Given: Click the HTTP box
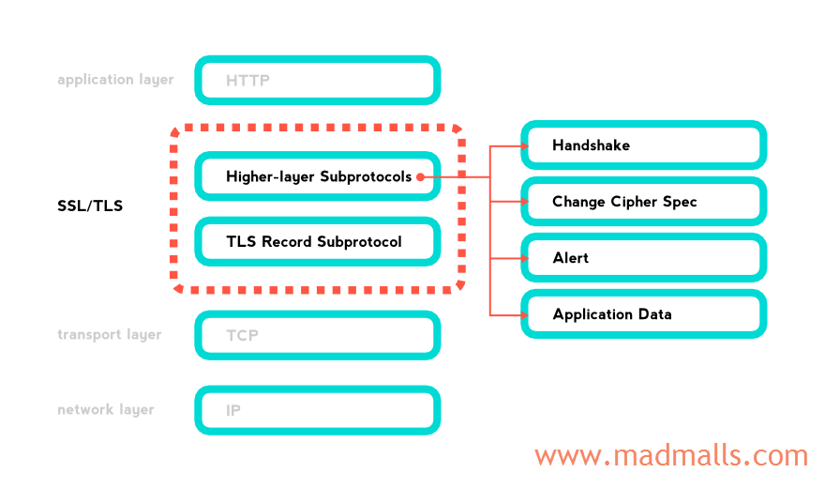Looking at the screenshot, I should point(317,81).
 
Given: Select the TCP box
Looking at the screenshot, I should point(317,335).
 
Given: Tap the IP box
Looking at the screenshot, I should point(317,410).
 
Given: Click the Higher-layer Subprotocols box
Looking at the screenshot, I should point(317,176).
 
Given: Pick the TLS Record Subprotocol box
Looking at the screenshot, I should point(317,242).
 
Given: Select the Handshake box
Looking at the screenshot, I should point(644,145).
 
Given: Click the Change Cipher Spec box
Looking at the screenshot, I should point(644,202).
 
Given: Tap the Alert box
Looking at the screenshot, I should point(644,258).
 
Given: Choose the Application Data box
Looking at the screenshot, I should point(644,314).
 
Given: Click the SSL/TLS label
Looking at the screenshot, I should point(90,206).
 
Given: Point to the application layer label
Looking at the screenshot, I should point(115,80).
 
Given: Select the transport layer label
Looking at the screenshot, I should point(109,335).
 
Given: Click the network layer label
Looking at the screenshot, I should point(106,410).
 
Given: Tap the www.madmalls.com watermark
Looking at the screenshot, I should point(670,456).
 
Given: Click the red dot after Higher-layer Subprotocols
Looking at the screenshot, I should point(420,176).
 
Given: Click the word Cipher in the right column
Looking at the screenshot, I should point(637,202).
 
